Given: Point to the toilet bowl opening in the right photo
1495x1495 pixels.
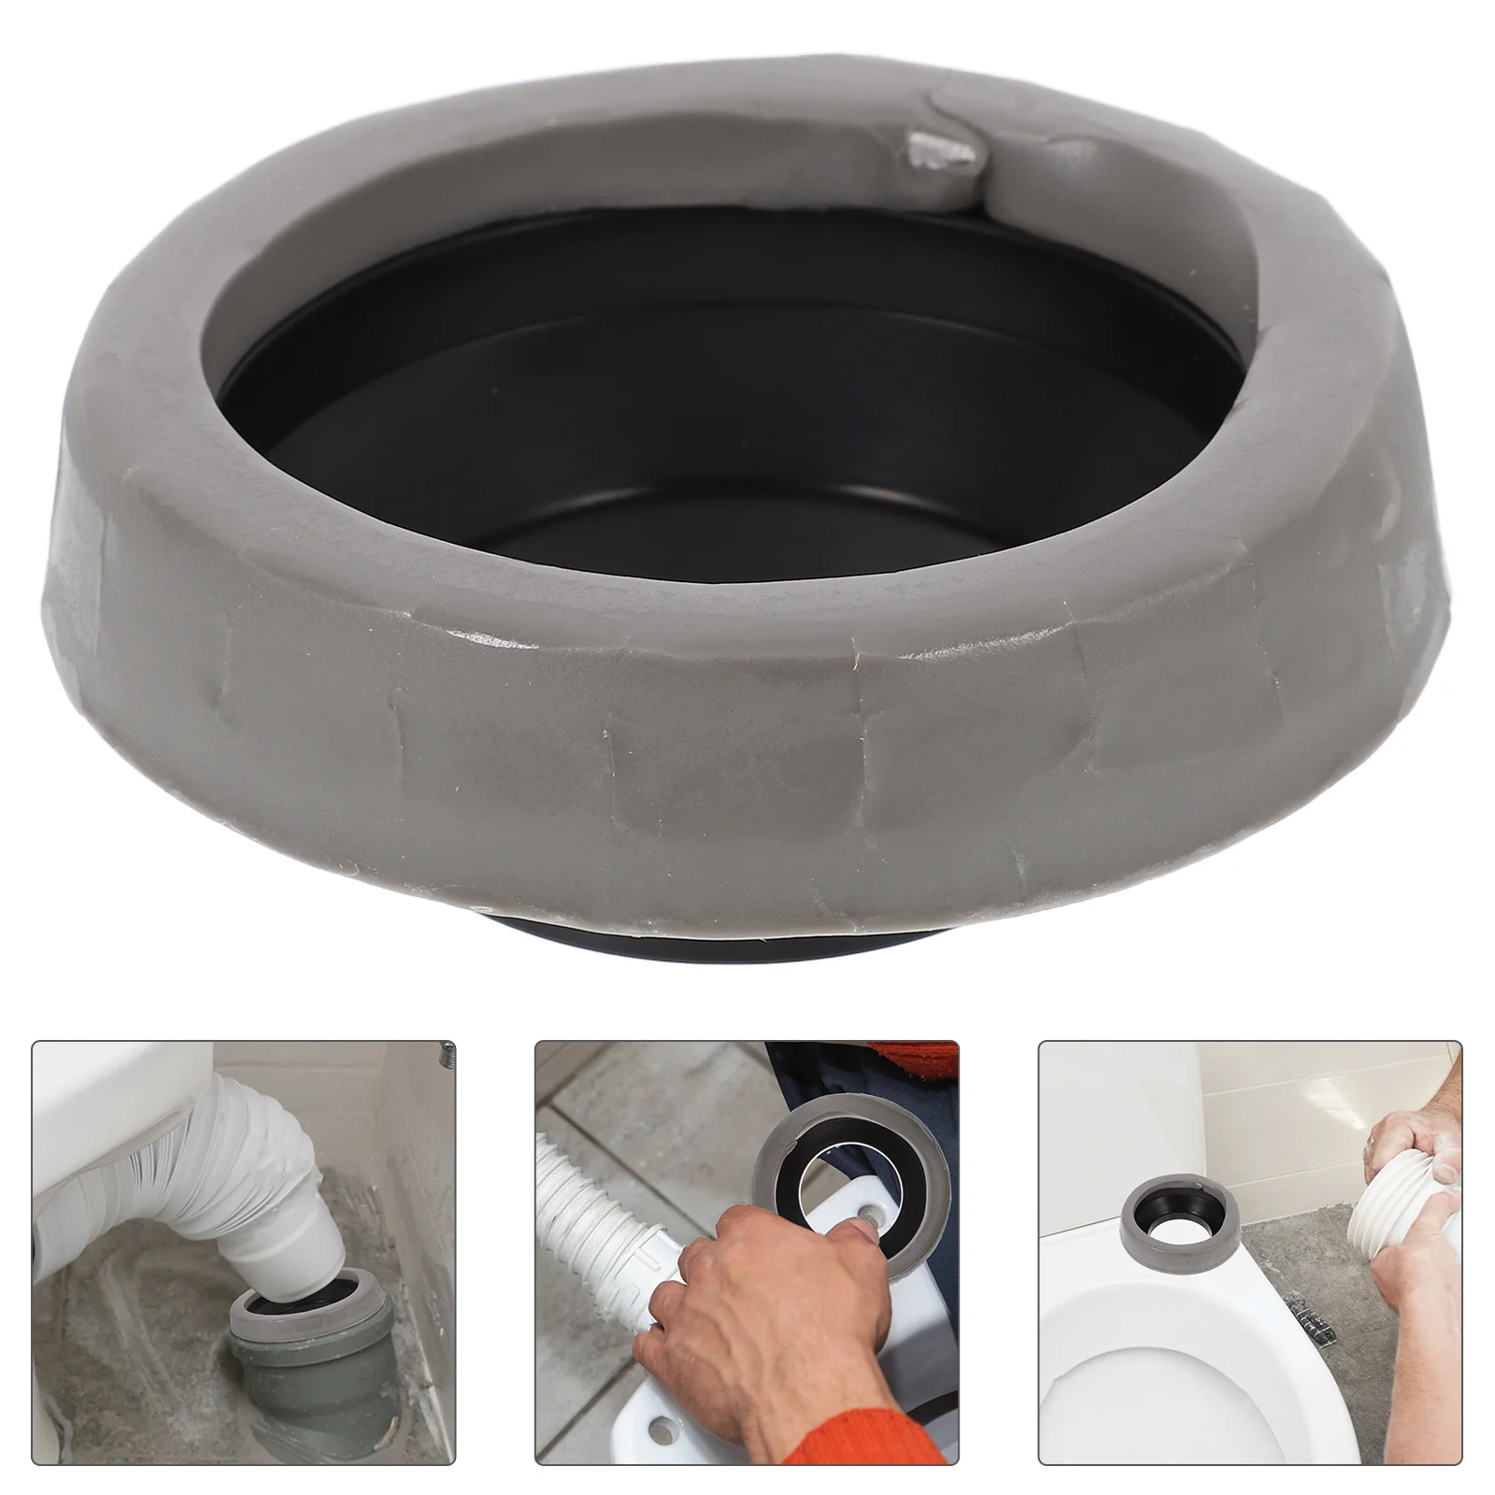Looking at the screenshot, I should (1149, 1402).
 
